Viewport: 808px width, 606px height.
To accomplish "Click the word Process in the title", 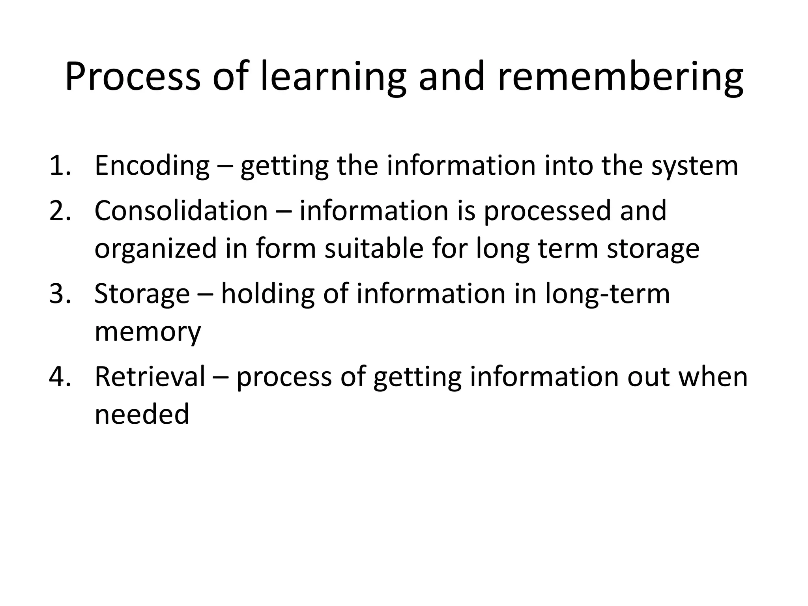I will [x=133, y=77].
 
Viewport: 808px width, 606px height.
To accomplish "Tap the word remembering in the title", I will [x=620, y=77].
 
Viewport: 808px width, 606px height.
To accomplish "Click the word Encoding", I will [x=152, y=166].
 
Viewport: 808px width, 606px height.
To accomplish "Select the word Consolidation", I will [x=181, y=211].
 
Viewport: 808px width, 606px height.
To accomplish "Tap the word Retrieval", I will [x=150, y=377].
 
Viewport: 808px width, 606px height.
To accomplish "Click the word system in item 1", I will [x=694, y=166].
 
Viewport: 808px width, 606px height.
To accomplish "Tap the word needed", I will [x=142, y=414].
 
